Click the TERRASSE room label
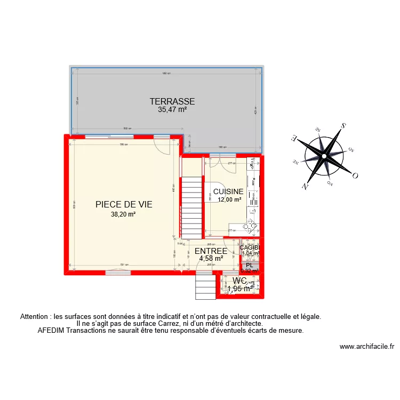(x=172, y=101)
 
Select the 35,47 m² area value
(x=172, y=110)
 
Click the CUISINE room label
(x=228, y=191)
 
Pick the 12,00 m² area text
(x=229, y=200)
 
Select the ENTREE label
(x=211, y=251)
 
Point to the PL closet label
(x=249, y=265)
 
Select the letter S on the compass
(x=343, y=126)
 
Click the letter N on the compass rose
(x=305, y=186)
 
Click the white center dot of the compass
(x=324, y=157)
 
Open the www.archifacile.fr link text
(x=367, y=346)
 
